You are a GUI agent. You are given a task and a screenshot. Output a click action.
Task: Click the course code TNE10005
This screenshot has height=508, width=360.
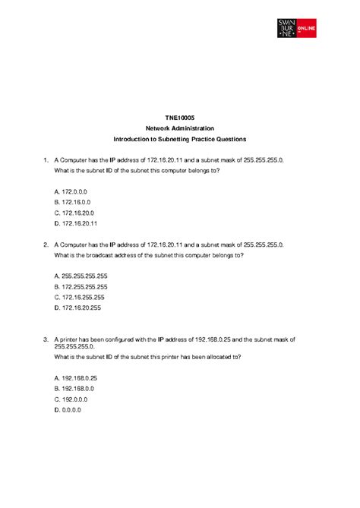pyautogui.click(x=180, y=118)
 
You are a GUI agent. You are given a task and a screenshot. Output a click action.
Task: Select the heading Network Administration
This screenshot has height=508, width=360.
pyautogui.click(x=180, y=129)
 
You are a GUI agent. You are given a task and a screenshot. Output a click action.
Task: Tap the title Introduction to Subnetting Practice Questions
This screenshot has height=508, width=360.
pyautogui.click(x=180, y=140)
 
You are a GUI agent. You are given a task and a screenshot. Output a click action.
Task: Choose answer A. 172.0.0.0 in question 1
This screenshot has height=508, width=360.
pyautogui.click(x=71, y=192)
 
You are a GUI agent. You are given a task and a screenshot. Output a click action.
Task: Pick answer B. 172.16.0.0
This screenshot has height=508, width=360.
pyautogui.click(x=73, y=203)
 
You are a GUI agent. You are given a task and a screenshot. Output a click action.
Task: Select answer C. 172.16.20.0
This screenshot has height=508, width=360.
pyautogui.click(x=74, y=213)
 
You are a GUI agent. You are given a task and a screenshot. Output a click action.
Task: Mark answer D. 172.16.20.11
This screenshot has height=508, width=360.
pyautogui.click(x=76, y=224)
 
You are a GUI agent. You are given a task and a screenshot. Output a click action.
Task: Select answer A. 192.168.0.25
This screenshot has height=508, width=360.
pyautogui.click(x=76, y=377)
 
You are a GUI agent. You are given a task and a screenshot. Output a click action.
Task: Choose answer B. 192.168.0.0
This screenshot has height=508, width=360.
pyautogui.click(x=74, y=388)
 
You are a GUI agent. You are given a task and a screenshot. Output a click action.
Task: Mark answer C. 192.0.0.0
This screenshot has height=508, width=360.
pyautogui.click(x=71, y=399)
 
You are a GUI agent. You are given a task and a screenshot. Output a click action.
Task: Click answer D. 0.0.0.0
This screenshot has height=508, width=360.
pyautogui.click(x=68, y=409)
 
